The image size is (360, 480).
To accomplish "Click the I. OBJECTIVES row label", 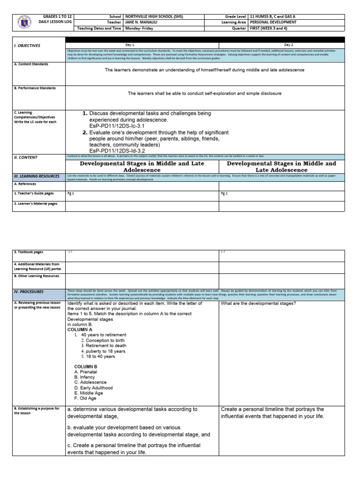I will (x=27, y=45).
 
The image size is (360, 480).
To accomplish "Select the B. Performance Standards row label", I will (x=35, y=88).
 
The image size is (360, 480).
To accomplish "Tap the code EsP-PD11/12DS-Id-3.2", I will (x=113, y=151).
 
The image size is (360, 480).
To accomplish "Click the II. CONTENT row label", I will (x=26, y=158).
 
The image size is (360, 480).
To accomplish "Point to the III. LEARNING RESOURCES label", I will (x=36, y=176).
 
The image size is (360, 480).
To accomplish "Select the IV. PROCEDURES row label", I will (x=29, y=292).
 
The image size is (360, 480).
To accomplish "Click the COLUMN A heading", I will (x=80, y=330).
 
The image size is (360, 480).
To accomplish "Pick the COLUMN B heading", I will (x=86, y=366).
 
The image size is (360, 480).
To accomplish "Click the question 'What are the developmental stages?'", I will (x=262, y=303).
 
